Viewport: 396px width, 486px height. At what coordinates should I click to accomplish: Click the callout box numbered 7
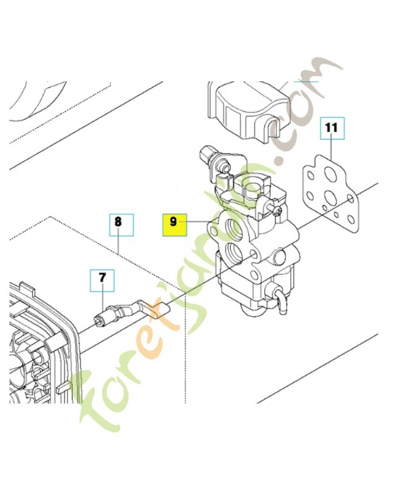(102, 278)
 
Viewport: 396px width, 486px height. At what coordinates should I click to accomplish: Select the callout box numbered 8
(118, 223)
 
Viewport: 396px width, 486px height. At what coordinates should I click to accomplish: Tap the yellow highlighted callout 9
(174, 223)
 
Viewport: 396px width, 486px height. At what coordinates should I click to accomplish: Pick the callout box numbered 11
(331, 129)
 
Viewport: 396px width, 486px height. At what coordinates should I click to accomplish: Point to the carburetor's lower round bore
(234, 252)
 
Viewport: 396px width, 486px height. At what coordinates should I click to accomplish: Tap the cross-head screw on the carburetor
(277, 211)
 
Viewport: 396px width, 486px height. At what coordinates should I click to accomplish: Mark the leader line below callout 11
(332, 149)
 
